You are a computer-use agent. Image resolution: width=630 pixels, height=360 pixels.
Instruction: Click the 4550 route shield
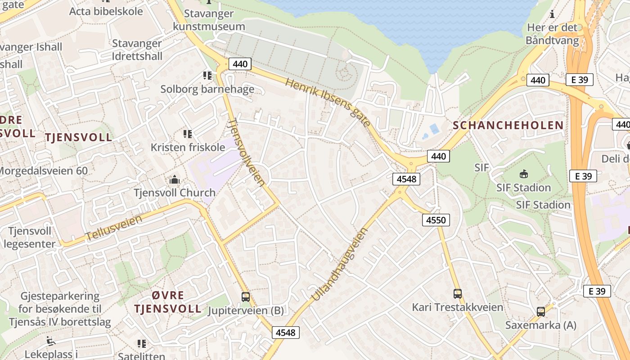436,220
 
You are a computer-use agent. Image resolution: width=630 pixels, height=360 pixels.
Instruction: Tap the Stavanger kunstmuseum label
209,21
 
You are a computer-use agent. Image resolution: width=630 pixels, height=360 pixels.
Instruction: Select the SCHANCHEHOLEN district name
508,126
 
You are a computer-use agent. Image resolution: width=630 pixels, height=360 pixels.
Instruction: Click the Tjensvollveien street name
246,152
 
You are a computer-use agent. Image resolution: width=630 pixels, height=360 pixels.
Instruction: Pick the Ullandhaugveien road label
340,265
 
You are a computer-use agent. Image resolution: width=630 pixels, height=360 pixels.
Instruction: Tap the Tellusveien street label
113,227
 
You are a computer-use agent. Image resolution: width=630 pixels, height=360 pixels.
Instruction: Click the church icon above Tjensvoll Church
174,180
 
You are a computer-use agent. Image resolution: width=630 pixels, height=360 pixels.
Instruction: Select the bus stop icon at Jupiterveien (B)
245,297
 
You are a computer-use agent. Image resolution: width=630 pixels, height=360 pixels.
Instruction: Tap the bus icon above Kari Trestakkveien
457,294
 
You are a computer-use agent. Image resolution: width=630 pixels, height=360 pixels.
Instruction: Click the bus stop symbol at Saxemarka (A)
540,311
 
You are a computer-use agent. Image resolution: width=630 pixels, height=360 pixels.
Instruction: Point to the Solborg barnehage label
207,89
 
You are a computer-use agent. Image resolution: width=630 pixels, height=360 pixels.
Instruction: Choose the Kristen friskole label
188,147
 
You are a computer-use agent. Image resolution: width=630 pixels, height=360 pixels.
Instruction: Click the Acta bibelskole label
106,11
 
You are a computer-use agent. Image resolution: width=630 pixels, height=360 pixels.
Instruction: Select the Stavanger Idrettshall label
137,50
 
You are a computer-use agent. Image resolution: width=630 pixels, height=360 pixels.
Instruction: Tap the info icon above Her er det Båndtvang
552,14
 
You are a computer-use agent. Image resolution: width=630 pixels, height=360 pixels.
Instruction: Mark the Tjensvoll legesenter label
30,238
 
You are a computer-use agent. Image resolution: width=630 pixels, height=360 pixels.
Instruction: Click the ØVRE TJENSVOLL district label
167,302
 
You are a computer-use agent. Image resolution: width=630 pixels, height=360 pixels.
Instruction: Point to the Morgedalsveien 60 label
44,171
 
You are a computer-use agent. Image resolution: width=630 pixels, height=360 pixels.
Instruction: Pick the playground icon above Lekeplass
51,341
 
